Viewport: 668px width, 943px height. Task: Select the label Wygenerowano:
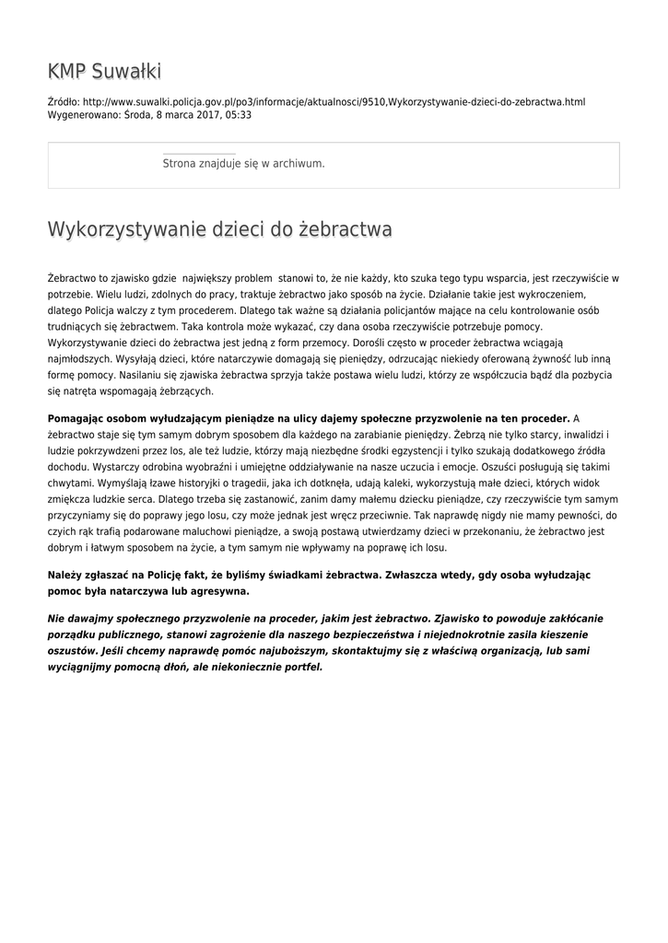[x=83, y=115]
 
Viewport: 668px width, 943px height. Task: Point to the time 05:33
[x=236, y=115]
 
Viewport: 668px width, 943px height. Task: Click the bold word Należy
[x=64, y=574]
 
